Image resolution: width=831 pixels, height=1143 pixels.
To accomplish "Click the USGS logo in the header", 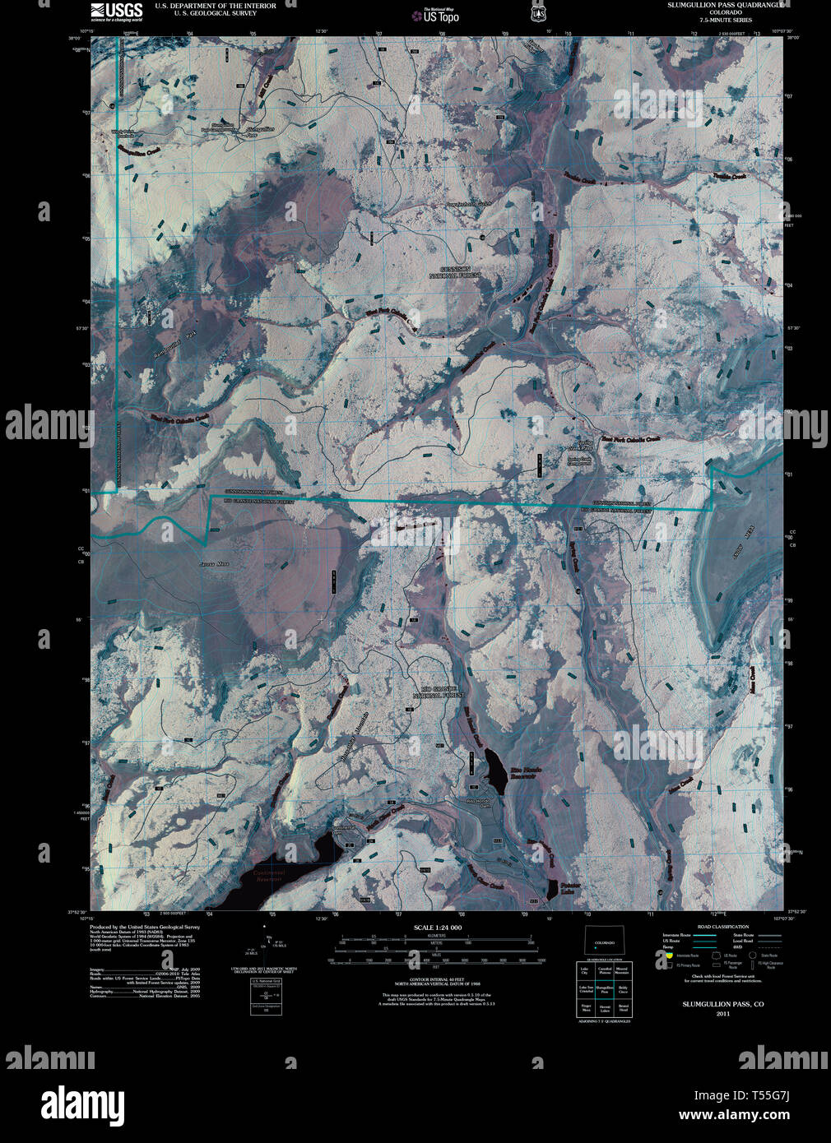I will pos(116,12).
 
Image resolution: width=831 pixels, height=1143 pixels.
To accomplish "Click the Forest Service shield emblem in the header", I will pos(538,12).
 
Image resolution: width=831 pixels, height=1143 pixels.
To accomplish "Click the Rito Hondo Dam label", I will pos(478,800).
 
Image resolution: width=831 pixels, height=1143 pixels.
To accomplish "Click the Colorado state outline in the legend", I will pos(605,942).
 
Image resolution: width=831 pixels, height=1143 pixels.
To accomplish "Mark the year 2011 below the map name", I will pos(722,1014).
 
